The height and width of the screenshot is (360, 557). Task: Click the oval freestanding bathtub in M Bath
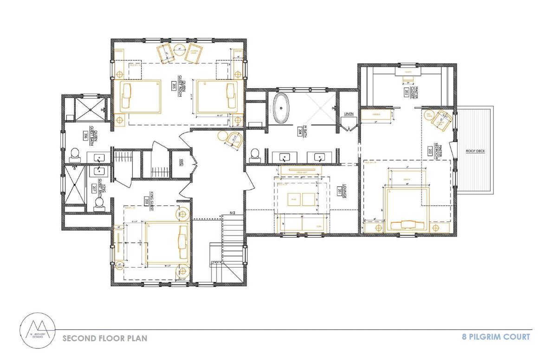pos(280,108)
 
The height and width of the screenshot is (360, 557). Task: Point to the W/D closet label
pos(181,162)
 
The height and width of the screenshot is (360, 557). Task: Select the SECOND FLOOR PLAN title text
pos(105,338)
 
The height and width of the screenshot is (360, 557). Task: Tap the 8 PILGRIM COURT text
pos(495,337)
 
